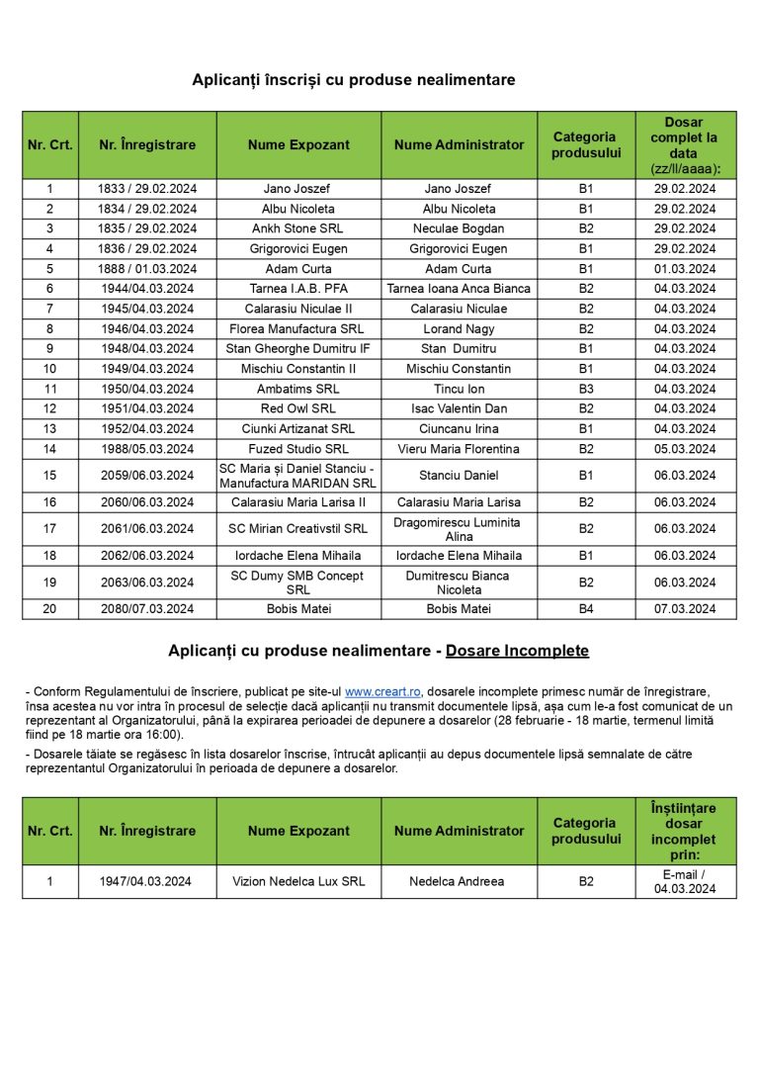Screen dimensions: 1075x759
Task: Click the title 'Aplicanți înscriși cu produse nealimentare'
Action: click(354, 80)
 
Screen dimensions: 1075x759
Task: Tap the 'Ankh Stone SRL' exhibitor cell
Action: click(298, 228)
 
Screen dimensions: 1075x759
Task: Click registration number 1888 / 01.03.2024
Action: click(147, 269)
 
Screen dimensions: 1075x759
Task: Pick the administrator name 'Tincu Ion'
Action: click(459, 389)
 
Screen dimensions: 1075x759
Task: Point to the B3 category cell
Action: click(586, 389)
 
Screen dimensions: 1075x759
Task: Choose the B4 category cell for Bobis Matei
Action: click(586, 609)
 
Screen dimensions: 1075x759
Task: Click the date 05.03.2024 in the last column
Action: click(685, 449)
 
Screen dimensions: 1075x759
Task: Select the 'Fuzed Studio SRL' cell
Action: click(298, 449)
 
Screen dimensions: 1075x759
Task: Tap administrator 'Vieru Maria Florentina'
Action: click(459, 449)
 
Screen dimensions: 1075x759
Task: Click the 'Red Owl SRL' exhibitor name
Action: click(298, 408)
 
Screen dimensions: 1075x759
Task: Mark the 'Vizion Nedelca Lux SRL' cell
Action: click(298, 881)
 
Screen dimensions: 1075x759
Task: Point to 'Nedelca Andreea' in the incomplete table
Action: click(459, 881)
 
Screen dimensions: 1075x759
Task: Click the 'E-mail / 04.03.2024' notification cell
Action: click(685, 881)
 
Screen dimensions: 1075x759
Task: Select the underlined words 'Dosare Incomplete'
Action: click(517, 651)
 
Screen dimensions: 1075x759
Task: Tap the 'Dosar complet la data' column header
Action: click(685, 145)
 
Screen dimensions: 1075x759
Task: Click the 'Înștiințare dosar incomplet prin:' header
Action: click(685, 831)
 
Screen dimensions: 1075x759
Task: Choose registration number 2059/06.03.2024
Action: click(147, 476)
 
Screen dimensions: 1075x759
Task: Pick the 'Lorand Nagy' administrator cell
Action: click(459, 328)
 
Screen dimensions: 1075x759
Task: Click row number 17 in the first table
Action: click(50, 529)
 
